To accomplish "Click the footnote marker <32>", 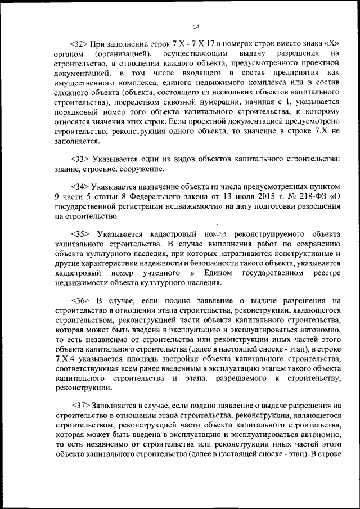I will click(79, 43).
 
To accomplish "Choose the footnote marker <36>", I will click(81, 300).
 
